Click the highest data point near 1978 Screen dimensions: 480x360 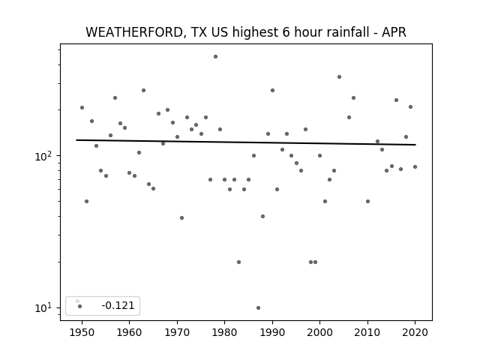[215, 57]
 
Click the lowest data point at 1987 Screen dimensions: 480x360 [258, 307]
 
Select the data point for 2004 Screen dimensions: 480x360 [339, 76]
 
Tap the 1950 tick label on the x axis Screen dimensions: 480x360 [82, 332]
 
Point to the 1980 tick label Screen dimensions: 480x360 [224, 332]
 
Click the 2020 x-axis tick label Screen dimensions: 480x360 [415, 332]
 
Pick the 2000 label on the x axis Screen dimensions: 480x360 [320, 332]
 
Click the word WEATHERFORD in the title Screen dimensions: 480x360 [134, 32]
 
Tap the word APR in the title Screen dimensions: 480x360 [394, 32]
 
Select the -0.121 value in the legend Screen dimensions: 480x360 [118, 305]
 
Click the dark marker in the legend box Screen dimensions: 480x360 [80, 306]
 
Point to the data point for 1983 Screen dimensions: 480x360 [238, 262]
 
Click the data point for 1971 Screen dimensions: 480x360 [181, 218]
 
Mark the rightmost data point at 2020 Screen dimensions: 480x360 [415, 166]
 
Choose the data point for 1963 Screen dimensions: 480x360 [143, 90]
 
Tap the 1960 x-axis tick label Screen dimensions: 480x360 [129, 332]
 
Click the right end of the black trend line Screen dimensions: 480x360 [415, 145]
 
